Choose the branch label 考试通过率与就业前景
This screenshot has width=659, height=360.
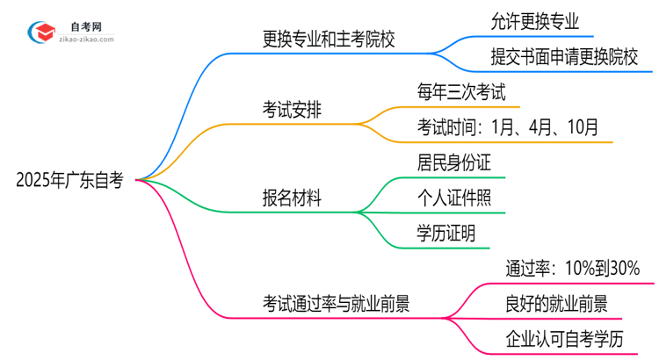point(337,303)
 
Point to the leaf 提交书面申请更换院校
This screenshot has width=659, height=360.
point(571,58)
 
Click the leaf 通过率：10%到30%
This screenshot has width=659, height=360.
point(572,268)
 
